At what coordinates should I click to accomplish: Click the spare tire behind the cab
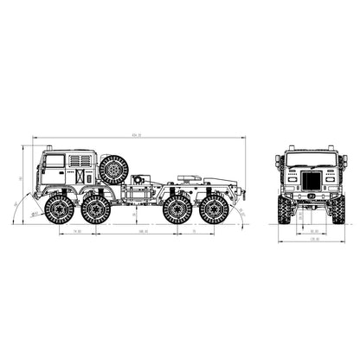(113, 169)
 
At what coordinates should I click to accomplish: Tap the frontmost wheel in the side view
(59, 209)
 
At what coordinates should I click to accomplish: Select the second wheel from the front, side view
(96, 209)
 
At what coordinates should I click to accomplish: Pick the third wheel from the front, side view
(177, 209)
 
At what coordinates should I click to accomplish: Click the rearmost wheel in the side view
(214, 209)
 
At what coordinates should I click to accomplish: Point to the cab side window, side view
(55, 160)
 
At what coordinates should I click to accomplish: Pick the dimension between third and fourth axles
(196, 233)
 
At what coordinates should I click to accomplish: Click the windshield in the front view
(311, 159)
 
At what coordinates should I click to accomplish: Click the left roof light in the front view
(280, 160)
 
